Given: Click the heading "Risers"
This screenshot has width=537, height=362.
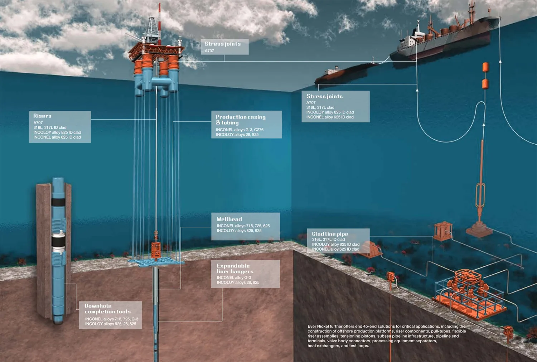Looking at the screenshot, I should [x=42, y=116].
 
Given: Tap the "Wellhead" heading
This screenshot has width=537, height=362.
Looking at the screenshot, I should [x=229, y=219].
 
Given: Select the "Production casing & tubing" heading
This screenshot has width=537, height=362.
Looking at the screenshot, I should [x=241, y=120].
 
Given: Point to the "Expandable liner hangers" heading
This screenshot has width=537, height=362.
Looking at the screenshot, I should [x=235, y=269].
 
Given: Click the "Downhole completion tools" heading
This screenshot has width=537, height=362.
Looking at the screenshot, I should [x=107, y=309].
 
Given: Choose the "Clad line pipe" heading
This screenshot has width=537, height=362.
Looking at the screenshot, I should [x=330, y=234].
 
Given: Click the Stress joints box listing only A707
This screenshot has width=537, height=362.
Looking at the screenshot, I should [x=224, y=47].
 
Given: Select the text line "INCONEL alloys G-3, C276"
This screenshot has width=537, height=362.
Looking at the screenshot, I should [x=240, y=130].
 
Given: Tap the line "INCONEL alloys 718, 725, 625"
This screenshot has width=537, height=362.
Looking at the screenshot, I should [x=243, y=226].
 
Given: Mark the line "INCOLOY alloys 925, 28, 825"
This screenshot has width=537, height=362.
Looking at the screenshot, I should [x=111, y=324].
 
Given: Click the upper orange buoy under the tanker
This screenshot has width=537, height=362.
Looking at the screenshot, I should [x=485, y=67].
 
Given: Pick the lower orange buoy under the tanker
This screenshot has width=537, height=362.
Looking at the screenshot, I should [x=485, y=84].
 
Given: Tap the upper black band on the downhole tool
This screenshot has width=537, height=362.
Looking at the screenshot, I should [x=58, y=202].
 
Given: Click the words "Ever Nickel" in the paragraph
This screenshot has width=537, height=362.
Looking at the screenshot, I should [x=318, y=327].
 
